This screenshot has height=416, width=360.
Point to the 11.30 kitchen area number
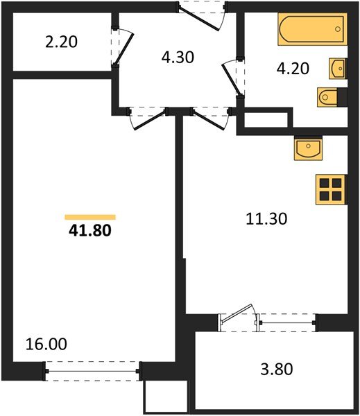(x=266, y=218)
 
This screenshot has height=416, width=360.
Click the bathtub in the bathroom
(x=312, y=29)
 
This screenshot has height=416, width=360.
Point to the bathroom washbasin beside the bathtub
(x=337, y=68)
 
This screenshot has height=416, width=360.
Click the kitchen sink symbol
(x=306, y=147)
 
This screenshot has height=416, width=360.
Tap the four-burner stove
(x=330, y=188)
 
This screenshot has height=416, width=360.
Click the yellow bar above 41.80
(x=89, y=217)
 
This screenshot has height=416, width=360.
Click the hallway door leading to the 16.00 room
(x=147, y=119)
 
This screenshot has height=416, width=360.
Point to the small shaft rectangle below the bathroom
(x=264, y=119)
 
